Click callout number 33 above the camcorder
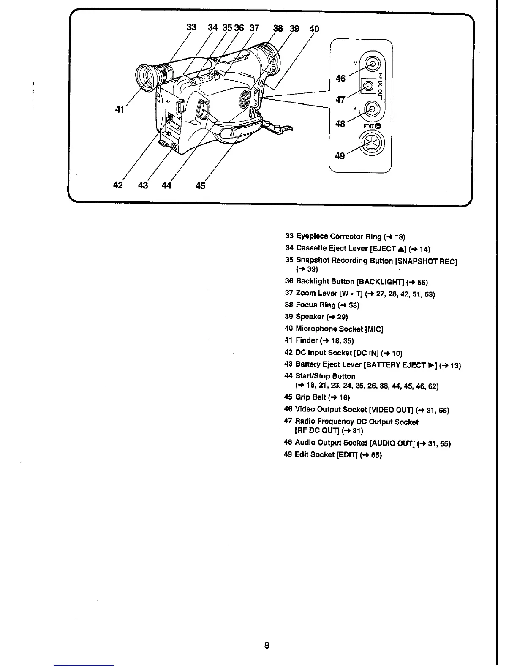pos(191,27)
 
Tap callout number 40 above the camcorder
pos(314,29)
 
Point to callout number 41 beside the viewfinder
pos(120,110)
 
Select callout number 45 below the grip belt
pos(200,185)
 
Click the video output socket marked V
pos(372,64)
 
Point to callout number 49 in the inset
pos(340,155)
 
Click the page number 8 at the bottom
pos(267,645)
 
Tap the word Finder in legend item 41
pos(307,340)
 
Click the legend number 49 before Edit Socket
pos(288,454)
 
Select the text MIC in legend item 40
pos(374,329)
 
